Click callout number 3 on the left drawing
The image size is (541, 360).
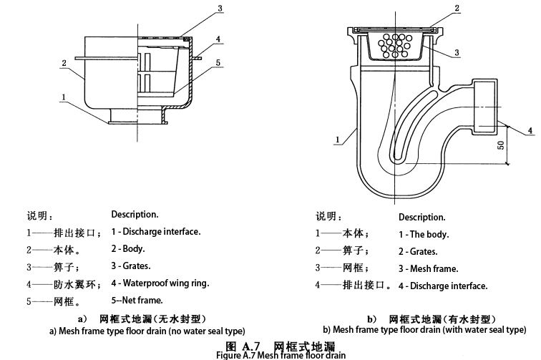220,9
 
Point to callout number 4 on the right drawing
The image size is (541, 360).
530,130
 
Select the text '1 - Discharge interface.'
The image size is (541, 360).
155,232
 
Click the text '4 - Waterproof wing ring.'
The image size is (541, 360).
160,283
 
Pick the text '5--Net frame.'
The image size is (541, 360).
137,301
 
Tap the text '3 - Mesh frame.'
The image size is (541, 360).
429,269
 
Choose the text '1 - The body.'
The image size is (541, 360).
424,235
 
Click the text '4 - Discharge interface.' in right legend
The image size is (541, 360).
443,286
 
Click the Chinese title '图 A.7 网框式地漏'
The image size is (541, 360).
270,344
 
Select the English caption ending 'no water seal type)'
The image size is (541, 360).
147,331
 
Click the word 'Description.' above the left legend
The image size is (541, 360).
135,214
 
